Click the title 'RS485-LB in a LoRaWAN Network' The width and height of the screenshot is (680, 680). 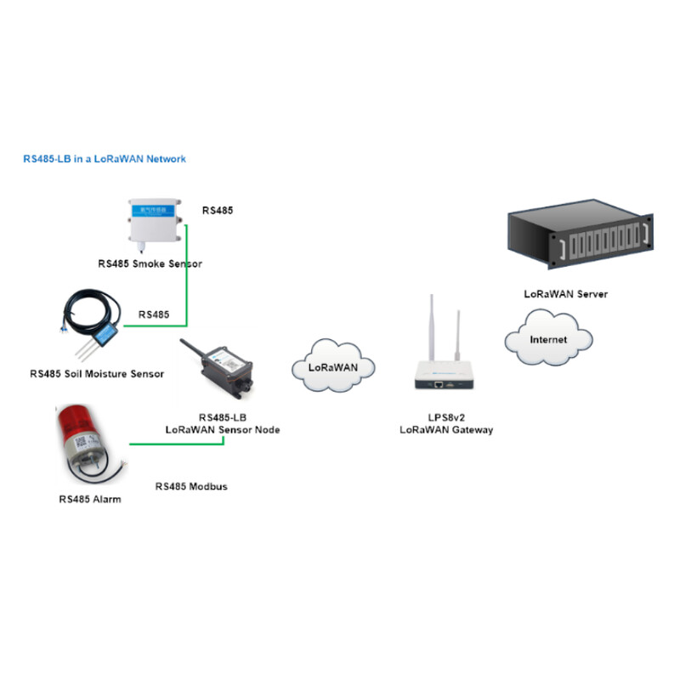(x=104, y=159)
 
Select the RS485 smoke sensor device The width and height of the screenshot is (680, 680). (x=157, y=224)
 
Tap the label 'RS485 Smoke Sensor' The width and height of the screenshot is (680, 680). (x=150, y=264)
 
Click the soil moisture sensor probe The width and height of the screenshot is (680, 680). (x=99, y=331)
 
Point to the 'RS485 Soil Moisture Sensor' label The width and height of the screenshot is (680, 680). (x=96, y=373)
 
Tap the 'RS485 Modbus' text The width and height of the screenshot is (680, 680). (x=191, y=487)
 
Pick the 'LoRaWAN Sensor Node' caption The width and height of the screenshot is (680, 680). (x=222, y=430)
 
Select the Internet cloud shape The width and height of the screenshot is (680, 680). (x=547, y=339)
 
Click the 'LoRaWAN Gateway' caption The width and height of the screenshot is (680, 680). (x=446, y=430)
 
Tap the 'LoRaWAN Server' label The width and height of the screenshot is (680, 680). (x=565, y=294)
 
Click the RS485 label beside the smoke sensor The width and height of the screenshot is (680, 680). (x=217, y=209)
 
